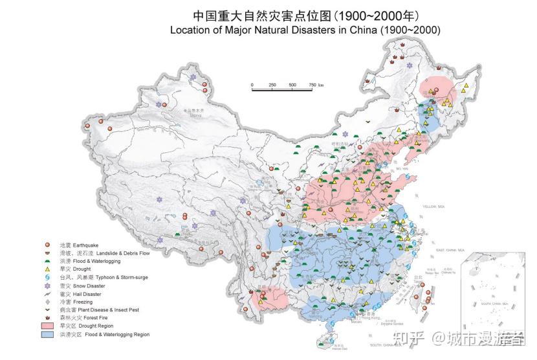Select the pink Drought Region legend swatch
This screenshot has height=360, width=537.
tap(47, 326)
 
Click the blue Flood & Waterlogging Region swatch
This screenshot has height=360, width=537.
tap(47, 335)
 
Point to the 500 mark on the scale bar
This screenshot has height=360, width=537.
tap(292, 85)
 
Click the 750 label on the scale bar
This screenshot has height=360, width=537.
tap(312, 85)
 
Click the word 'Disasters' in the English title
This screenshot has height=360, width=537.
tap(310, 30)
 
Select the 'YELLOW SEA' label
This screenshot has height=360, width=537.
tap(434, 207)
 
